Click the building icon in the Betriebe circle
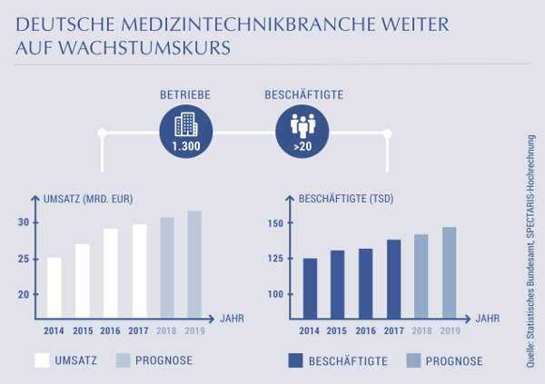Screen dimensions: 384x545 tap(185, 123)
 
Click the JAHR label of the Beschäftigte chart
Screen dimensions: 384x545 tap(488, 319)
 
